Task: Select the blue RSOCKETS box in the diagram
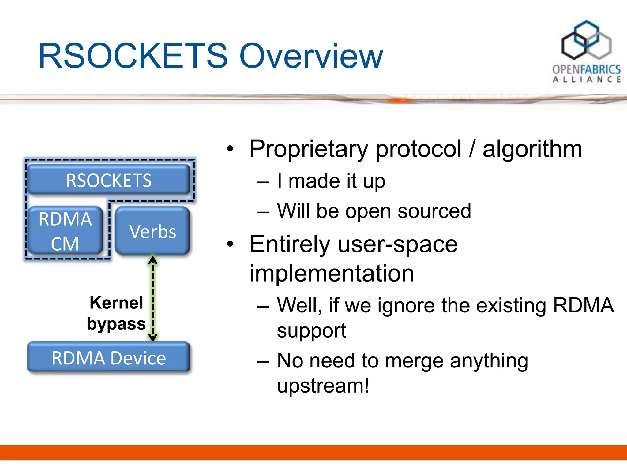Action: (x=109, y=180)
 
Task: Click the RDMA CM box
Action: (x=65, y=231)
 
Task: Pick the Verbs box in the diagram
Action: (x=152, y=231)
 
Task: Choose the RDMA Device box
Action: (x=109, y=358)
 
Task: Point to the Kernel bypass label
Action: (x=116, y=313)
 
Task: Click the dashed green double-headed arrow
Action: (x=153, y=298)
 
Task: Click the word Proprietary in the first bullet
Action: (x=309, y=149)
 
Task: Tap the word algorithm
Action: (x=532, y=149)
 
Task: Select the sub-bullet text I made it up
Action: (x=331, y=181)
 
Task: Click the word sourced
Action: (x=434, y=211)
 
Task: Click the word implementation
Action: (x=332, y=273)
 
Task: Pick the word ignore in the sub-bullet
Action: (x=406, y=305)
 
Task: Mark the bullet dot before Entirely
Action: (x=230, y=244)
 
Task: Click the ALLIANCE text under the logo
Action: (x=586, y=80)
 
